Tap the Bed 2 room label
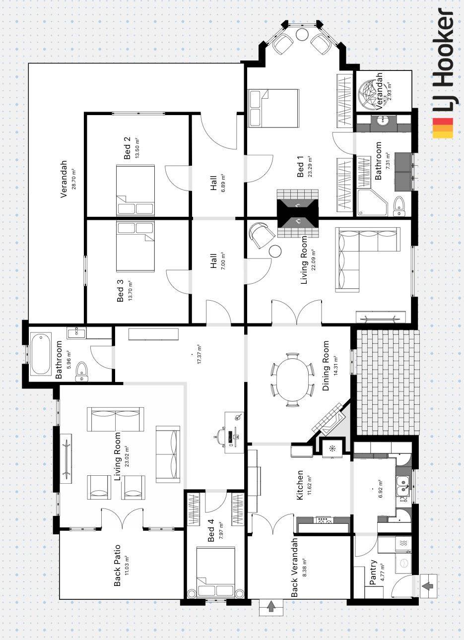[x=128, y=148]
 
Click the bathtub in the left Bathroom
[x=41, y=354]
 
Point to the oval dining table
[x=293, y=380]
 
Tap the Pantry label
[x=373, y=573]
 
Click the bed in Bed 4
[x=216, y=572]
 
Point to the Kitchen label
[x=300, y=485]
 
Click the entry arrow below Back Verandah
[x=271, y=607]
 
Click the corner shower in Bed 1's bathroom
[x=372, y=201]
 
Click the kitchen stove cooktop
[x=324, y=520]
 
